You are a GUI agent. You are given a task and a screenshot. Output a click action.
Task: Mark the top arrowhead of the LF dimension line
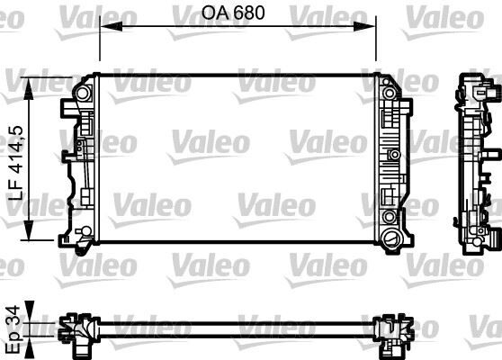click(x=32, y=83)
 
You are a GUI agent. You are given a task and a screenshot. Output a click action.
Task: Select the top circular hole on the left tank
click(x=85, y=94)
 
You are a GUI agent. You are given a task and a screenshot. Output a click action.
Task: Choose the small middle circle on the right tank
click(x=392, y=155)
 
